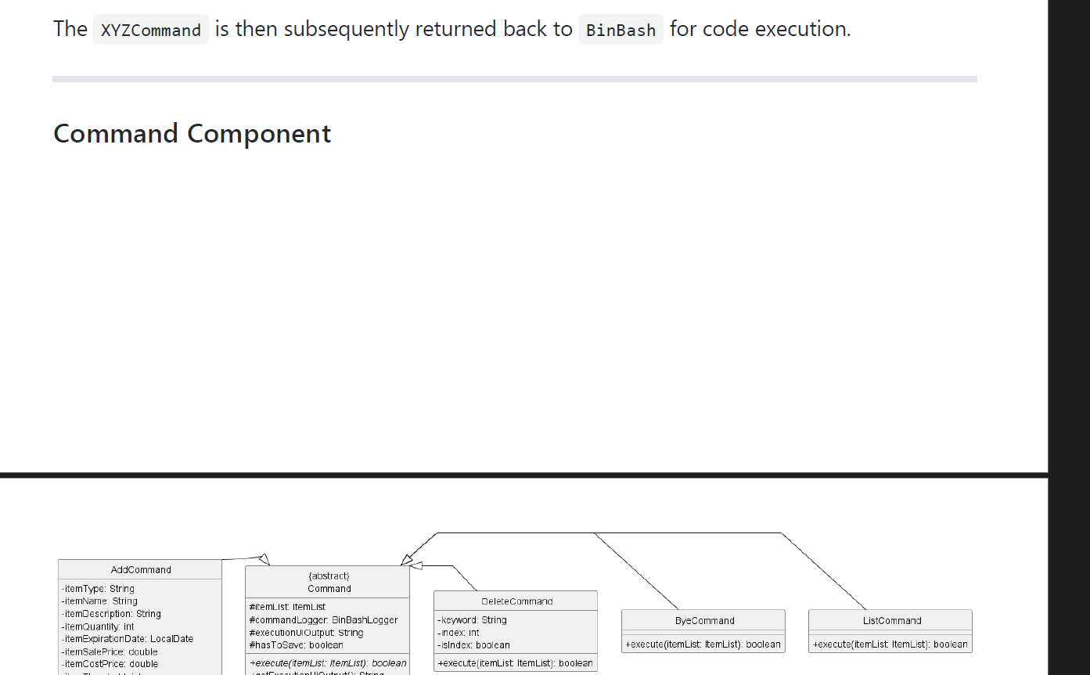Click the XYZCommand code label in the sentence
151,30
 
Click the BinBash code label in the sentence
621,30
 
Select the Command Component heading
192,134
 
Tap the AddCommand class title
141,569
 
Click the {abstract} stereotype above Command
329,576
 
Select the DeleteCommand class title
516,601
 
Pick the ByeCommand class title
704,620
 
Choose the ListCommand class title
892,620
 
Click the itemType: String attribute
98,589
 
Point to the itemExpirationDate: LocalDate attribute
127,639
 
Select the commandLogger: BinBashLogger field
323,620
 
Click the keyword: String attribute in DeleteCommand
472,620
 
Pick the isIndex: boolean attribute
473,645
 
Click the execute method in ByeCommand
703,644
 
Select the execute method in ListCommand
890,644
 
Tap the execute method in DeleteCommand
515,663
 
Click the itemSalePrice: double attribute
110,652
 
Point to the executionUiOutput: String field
306,633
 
